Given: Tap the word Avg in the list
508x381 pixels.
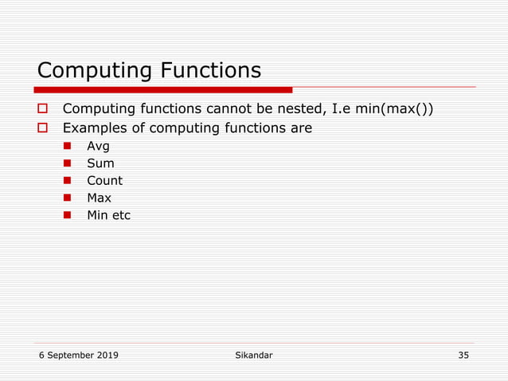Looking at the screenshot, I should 98,146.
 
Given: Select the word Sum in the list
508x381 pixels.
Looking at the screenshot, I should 100,163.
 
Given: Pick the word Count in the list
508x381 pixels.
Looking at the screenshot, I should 104,180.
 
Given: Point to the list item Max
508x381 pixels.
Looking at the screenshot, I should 99,198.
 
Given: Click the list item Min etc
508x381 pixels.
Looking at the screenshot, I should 108,214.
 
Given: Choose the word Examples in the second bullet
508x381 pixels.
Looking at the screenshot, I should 94,128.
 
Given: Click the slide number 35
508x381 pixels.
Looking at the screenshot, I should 463,355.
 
